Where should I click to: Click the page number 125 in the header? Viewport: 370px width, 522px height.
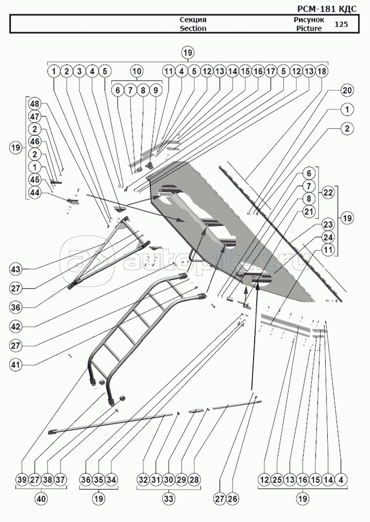pos(341,24)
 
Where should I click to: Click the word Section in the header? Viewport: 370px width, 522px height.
pos(193,28)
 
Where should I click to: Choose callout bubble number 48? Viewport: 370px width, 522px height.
pos(34,103)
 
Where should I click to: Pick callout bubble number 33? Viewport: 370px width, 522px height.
pos(168,499)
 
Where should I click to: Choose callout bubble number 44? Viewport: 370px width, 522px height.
pos(34,193)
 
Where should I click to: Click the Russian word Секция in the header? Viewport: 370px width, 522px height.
pos(193,20)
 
